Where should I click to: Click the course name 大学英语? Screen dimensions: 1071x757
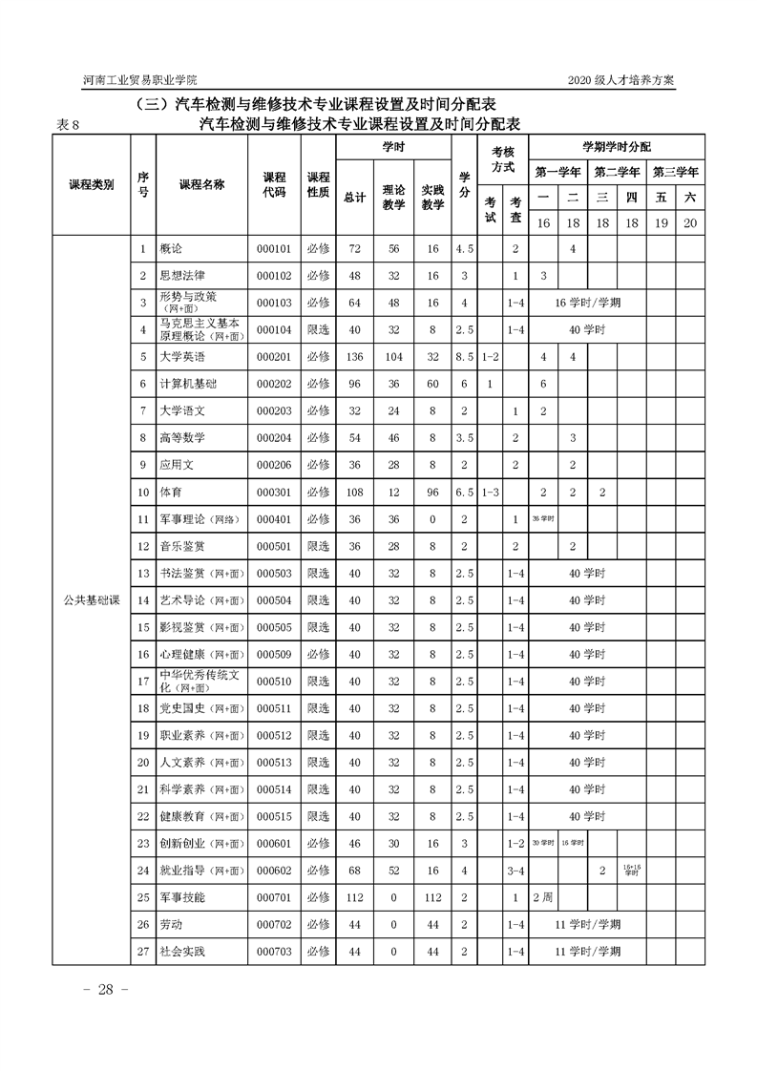pos(182,356)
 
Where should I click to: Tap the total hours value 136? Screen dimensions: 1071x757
pos(354,356)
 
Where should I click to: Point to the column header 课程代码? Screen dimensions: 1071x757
pos(274,184)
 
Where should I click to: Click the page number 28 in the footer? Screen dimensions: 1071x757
pos(105,989)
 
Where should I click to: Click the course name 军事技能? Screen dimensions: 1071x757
pos(182,897)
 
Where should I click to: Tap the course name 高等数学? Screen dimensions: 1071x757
pos(182,438)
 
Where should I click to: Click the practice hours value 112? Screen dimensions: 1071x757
pos(432,897)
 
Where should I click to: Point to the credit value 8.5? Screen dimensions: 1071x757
pos(464,356)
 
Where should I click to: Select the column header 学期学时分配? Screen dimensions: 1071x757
pos(617,147)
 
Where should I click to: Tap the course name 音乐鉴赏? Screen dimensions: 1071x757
pos(182,547)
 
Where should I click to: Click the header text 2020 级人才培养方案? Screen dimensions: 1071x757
pos(620,80)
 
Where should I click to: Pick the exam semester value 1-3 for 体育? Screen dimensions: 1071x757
pos(490,493)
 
